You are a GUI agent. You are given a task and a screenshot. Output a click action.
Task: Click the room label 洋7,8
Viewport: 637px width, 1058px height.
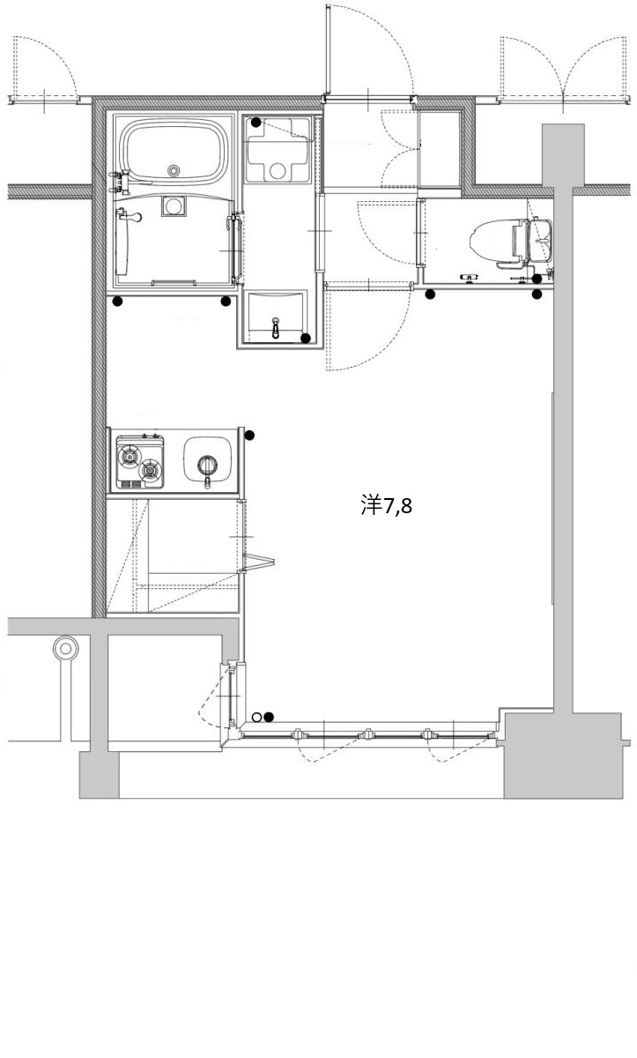click(387, 506)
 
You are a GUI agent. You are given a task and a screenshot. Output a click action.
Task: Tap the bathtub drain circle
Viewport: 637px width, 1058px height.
click(174, 169)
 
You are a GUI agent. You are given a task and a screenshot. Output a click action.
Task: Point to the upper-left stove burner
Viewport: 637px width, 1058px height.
click(130, 456)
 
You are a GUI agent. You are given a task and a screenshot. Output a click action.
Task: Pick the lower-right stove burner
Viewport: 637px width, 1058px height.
click(150, 471)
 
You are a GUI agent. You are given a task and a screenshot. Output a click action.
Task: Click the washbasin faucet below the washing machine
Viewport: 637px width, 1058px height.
click(276, 327)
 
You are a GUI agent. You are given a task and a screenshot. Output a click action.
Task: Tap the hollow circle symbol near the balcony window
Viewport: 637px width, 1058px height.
click(256, 718)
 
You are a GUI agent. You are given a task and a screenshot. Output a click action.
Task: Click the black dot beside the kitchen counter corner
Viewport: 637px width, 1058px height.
click(249, 436)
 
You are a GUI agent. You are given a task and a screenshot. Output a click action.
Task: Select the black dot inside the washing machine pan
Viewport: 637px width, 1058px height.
click(256, 123)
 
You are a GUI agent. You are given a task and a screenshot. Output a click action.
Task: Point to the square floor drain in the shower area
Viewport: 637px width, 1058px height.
click(174, 206)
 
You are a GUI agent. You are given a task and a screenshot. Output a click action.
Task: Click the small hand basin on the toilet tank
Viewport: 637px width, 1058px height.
click(541, 240)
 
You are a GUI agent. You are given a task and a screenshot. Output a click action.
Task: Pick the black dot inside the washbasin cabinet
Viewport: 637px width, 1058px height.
click(306, 339)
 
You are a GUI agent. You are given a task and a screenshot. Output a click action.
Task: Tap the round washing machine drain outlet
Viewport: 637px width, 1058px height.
click(278, 169)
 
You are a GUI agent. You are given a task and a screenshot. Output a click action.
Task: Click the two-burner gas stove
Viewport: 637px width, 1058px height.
click(140, 462)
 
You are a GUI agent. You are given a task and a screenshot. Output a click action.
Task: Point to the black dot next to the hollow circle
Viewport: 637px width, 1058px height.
click(269, 718)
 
